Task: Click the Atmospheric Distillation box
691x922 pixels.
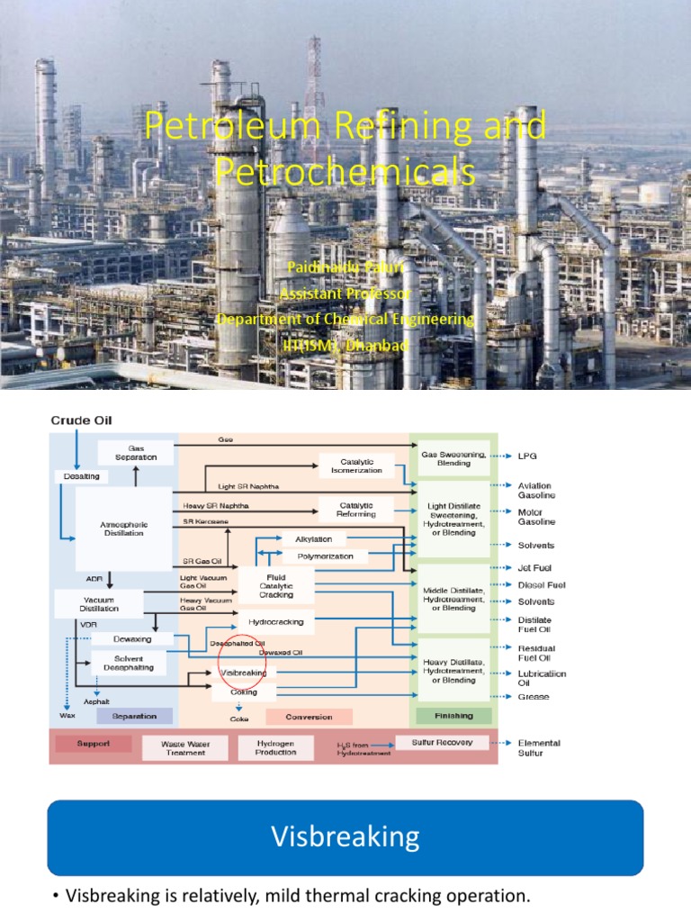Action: click(x=123, y=528)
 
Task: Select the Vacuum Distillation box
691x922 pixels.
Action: click(x=99, y=602)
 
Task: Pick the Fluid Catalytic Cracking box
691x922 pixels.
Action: click(x=276, y=584)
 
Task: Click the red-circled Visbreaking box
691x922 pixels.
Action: click(x=245, y=672)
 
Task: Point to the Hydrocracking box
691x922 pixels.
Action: click(x=276, y=621)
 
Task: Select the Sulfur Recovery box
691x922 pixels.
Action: click(x=443, y=743)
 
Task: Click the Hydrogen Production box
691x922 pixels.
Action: click(x=276, y=747)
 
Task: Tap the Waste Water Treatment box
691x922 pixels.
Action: click(x=184, y=747)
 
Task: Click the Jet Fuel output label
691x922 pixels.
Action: click(x=534, y=568)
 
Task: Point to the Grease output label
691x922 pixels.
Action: click(x=533, y=697)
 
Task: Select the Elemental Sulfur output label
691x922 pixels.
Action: click(x=539, y=747)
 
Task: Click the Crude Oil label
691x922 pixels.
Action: click(x=82, y=420)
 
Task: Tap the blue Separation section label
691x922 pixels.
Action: click(x=133, y=717)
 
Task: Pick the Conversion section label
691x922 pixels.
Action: click(x=309, y=717)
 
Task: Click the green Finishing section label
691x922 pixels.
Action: click(x=454, y=716)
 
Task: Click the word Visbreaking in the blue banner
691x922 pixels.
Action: click(x=345, y=837)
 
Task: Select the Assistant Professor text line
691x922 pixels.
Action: click(x=345, y=294)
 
